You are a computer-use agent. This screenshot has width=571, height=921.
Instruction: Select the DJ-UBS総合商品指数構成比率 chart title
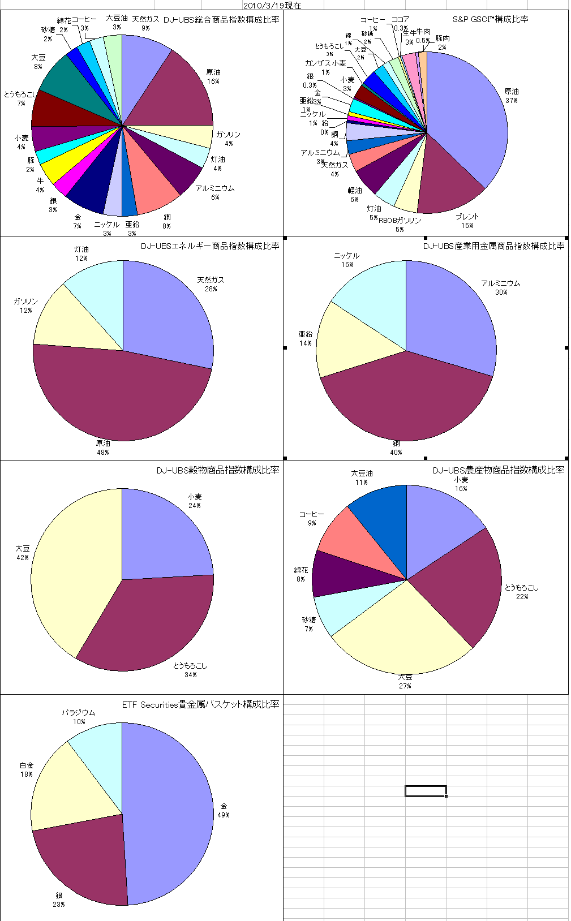(x=221, y=20)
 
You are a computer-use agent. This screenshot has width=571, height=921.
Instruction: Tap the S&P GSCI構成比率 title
(x=490, y=19)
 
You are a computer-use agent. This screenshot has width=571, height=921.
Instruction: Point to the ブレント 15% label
(x=467, y=221)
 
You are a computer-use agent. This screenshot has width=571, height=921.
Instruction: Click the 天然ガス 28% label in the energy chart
(x=211, y=284)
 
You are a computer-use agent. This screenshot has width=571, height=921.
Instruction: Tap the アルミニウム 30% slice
(x=453, y=322)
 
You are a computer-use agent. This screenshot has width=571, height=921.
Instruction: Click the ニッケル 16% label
(x=346, y=260)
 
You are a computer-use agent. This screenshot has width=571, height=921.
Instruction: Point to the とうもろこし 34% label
(x=190, y=670)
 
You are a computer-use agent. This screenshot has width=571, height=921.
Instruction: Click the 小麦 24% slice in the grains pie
(x=164, y=537)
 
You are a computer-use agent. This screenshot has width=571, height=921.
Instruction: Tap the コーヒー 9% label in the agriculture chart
(x=311, y=518)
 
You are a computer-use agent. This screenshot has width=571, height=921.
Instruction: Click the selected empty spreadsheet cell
(x=426, y=791)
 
